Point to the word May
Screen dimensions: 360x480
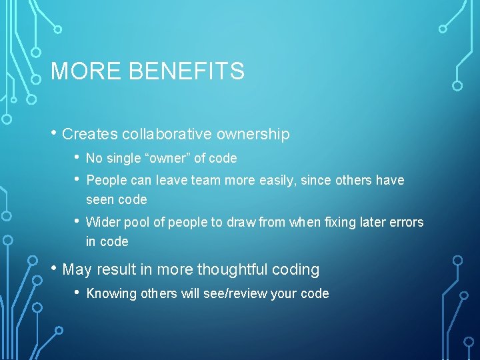(x=77, y=269)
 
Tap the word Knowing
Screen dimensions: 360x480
(x=111, y=293)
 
